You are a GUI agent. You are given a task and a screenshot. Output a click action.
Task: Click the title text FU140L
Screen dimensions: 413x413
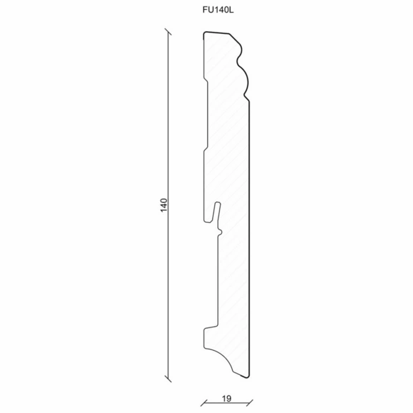click(x=218, y=10)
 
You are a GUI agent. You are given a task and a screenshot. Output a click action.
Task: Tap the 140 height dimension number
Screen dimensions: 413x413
click(x=163, y=205)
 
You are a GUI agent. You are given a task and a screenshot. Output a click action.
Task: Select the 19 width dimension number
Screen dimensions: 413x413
click(x=226, y=399)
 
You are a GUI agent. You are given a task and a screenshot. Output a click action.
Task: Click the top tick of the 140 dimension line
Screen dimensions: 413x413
click(x=168, y=32)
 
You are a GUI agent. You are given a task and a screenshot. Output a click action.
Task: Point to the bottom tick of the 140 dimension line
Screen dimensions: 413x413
click(x=168, y=379)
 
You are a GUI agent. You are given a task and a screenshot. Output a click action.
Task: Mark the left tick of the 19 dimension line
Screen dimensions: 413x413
click(x=204, y=402)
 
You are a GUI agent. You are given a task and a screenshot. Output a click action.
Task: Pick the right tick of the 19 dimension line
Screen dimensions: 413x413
click(x=249, y=402)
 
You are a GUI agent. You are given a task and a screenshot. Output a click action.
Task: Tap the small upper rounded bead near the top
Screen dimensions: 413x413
click(x=240, y=50)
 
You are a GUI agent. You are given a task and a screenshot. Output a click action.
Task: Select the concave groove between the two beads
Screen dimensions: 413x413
click(x=238, y=62)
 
